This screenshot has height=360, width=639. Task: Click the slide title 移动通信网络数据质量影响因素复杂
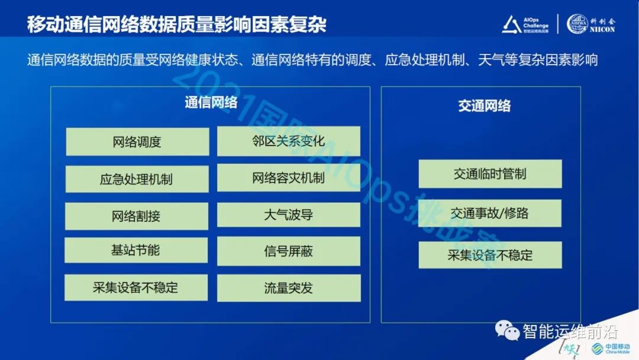click(x=176, y=25)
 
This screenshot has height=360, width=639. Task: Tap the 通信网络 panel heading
click(x=211, y=102)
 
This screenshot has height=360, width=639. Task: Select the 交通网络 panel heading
click(x=484, y=106)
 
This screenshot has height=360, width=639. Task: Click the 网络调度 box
click(x=137, y=142)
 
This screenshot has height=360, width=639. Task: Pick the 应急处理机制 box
click(x=137, y=179)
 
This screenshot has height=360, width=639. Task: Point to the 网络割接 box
click(x=136, y=216)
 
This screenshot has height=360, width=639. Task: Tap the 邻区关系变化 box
click(x=288, y=142)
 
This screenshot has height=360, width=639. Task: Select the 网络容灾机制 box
click(x=288, y=178)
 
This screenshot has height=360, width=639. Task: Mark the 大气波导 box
click(x=288, y=215)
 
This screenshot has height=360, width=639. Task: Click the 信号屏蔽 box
click(x=288, y=252)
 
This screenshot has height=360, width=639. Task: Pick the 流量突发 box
click(x=288, y=288)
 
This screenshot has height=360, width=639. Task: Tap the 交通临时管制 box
click(x=490, y=174)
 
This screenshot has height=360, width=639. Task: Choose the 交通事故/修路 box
click(x=490, y=213)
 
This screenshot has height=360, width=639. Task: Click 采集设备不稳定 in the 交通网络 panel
click(x=490, y=255)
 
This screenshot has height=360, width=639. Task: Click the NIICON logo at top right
click(x=591, y=24)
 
